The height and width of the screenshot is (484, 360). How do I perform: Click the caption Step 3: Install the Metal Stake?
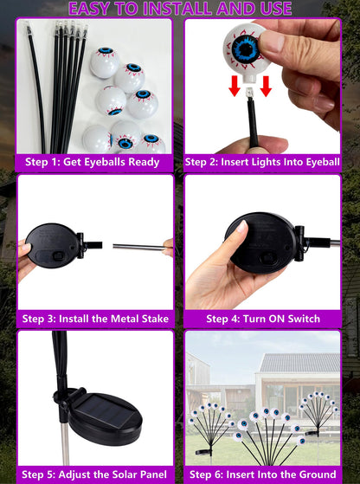(94, 319)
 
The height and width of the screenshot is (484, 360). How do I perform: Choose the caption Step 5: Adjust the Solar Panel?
(94, 474)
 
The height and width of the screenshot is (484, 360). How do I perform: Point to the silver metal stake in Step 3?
(138, 248)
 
